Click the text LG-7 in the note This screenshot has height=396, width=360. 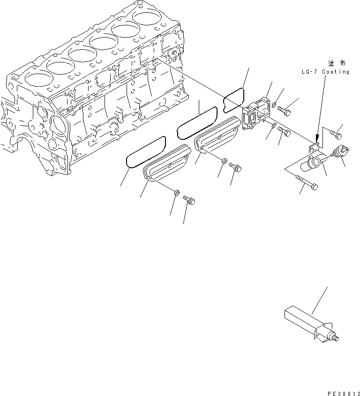pos(310,72)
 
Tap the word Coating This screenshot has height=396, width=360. pos(335,72)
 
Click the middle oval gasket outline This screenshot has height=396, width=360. pos(197,122)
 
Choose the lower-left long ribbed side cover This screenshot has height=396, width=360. pos(166,162)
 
